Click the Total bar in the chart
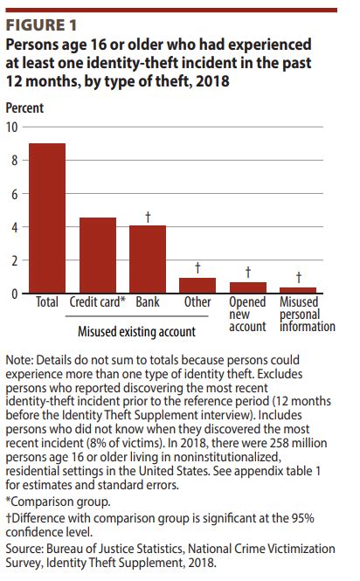tap(47, 218)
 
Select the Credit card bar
tap(98, 255)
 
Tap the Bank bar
tap(148, 259)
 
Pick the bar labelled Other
tap(197, 286)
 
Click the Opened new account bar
tap(248, 287)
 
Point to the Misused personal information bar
tap(298, 290)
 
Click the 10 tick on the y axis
tap(12, 127)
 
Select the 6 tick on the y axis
tap(14, 193)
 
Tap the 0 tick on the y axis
tap(14, 294)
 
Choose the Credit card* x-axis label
tap(98, 302)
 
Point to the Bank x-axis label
tap(148, 302)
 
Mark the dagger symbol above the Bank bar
tap(148, 216)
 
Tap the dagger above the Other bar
tap(197, 267)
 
